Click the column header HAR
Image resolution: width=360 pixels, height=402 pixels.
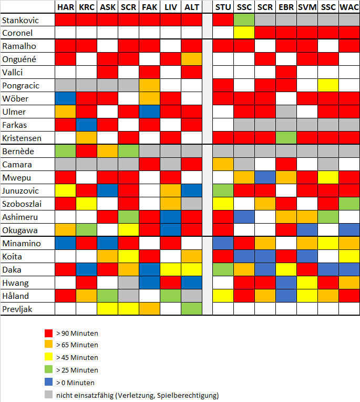[66, 7]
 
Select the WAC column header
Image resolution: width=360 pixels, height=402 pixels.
[349, 7]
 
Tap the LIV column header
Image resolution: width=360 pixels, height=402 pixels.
[170, 7]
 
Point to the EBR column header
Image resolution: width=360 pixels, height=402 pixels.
[286, 7]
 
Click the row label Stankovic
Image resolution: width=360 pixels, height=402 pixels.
[21, 20]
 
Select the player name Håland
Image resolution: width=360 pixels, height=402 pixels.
[16, 296]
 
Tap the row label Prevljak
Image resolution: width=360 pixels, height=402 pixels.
[18, 309]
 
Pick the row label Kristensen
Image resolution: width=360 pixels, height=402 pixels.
[22, 138]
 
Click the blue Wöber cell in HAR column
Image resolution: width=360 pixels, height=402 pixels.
[66, 99]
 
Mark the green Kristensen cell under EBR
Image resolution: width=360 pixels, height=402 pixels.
[286, 138]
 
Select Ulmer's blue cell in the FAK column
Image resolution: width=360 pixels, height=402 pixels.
[149, 112]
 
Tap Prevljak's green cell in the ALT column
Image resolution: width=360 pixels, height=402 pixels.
[191, 309]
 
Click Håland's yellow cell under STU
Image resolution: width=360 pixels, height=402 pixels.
[223, 296]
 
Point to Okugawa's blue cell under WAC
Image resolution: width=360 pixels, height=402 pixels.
[349, 230]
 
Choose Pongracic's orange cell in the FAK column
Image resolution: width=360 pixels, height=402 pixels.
[149, 85]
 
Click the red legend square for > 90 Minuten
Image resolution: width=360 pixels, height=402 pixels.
[48, 334]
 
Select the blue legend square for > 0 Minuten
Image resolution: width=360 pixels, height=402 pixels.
[48, 383]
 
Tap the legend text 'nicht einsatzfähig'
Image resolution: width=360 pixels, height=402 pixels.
[137, 395]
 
